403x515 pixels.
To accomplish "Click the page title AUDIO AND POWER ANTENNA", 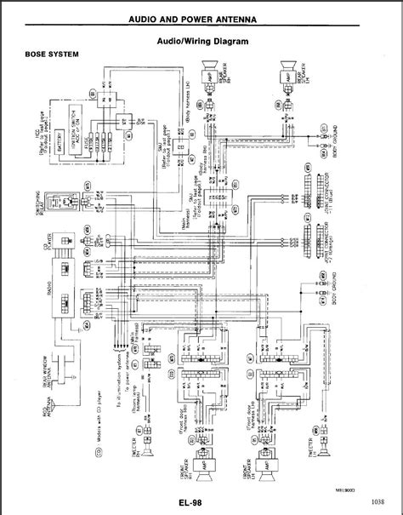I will tap(202, 20).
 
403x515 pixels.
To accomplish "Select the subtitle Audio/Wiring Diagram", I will tap(202, 39).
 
